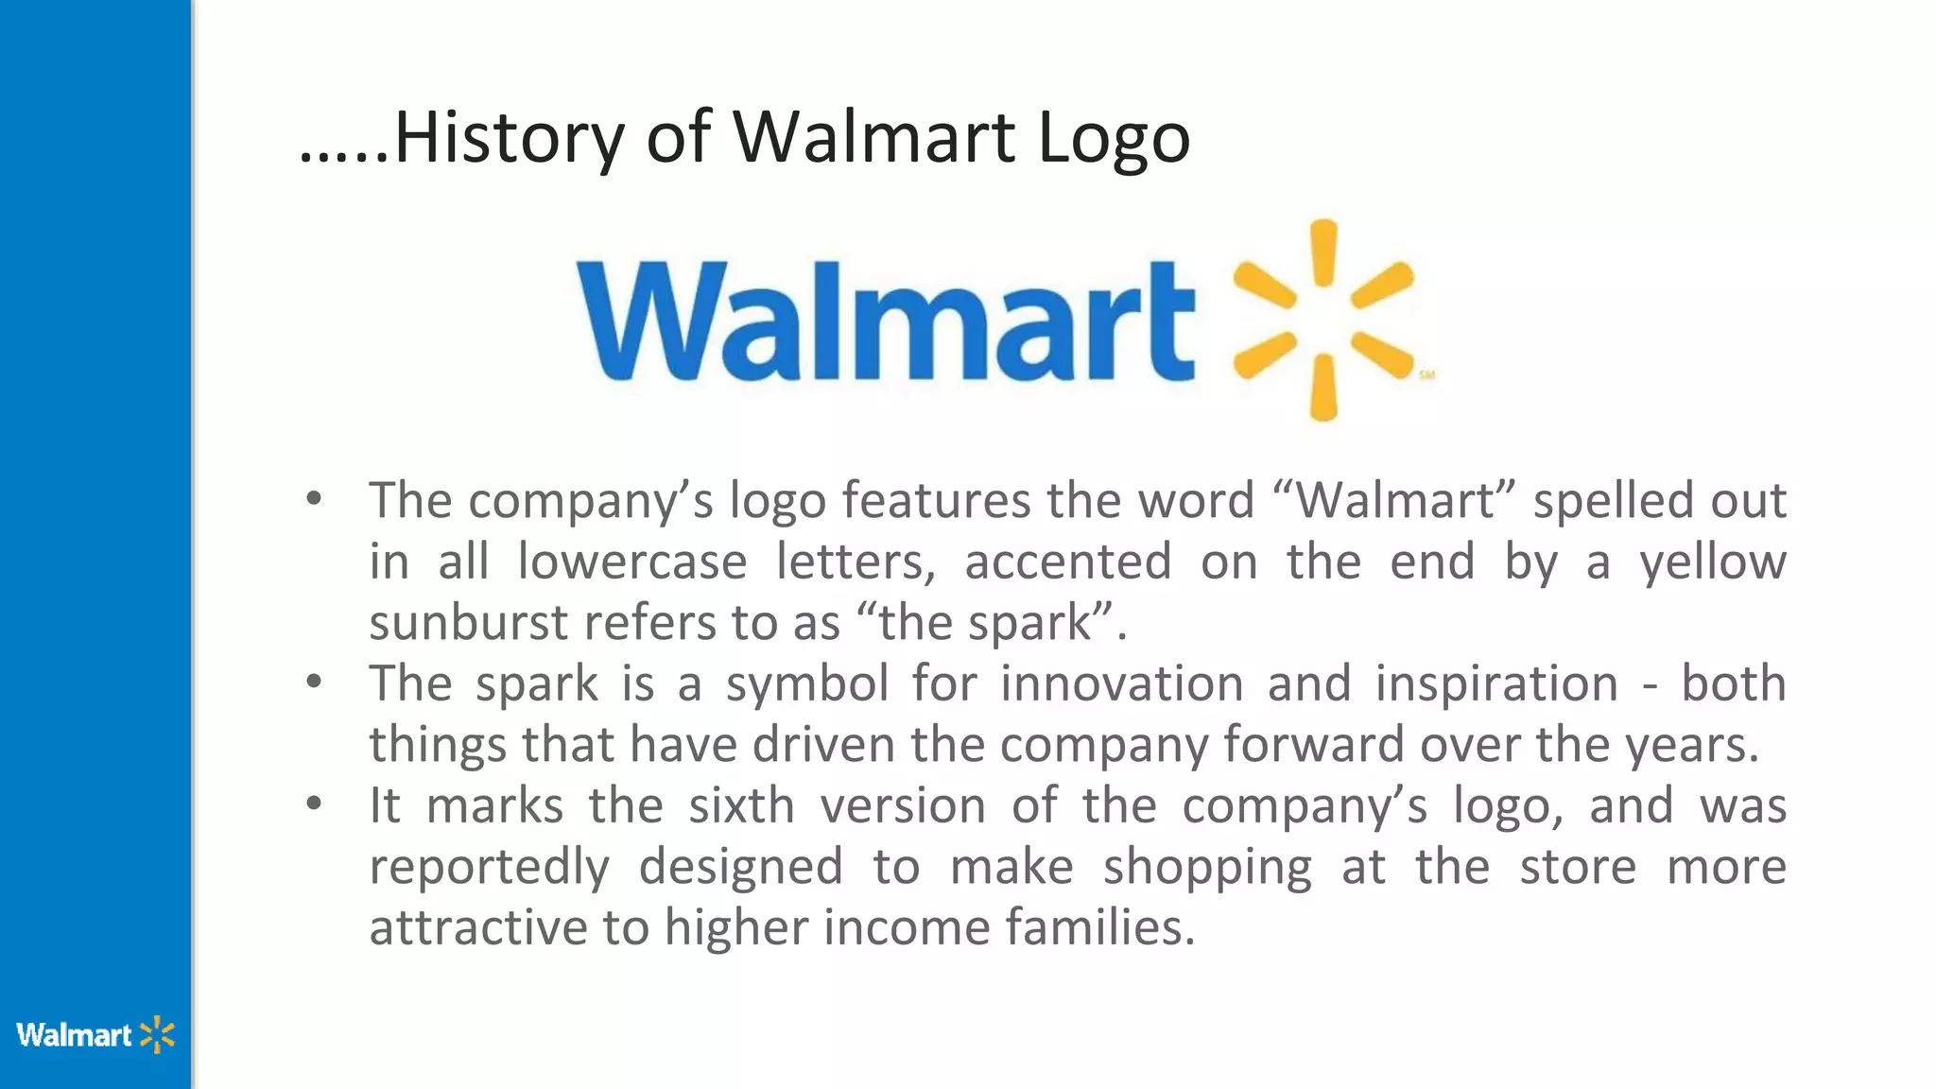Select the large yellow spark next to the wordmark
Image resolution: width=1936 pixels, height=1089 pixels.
coord(1323,320)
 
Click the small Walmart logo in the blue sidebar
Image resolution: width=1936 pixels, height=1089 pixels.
coord(95,1035)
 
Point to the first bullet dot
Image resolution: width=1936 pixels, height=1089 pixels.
coord(315,498)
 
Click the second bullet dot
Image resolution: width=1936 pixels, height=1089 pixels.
coord(315,682)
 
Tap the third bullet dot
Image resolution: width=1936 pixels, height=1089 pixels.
coord(315,804)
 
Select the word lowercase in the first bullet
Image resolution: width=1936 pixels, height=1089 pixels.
coord(631,562)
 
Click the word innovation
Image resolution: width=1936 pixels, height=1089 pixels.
coord(1121,683)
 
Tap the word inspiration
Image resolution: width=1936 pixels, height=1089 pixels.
coord(1495,684)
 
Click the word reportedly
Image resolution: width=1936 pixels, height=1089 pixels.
coord(489,868)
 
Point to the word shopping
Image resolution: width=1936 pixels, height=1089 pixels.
coord(1207,868)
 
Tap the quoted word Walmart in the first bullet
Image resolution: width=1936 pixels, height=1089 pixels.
coord(1395,500)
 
